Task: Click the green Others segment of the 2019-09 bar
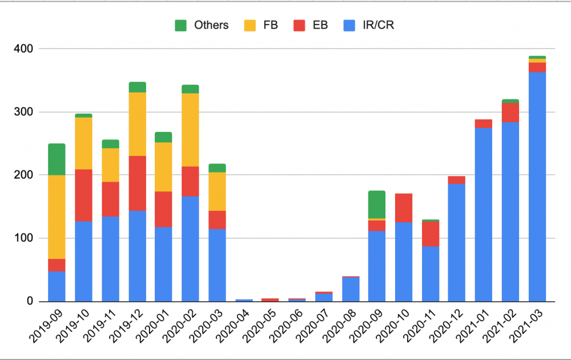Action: tap(57, 159)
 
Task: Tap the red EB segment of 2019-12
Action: tap(137, 183)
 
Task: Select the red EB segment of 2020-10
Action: tap(404, 208)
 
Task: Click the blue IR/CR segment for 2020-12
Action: tap(457, 242)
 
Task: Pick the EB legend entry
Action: tap(310, 25)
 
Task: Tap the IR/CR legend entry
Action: tap(369, 25)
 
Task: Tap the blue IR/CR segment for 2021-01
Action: tap(484, 214)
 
